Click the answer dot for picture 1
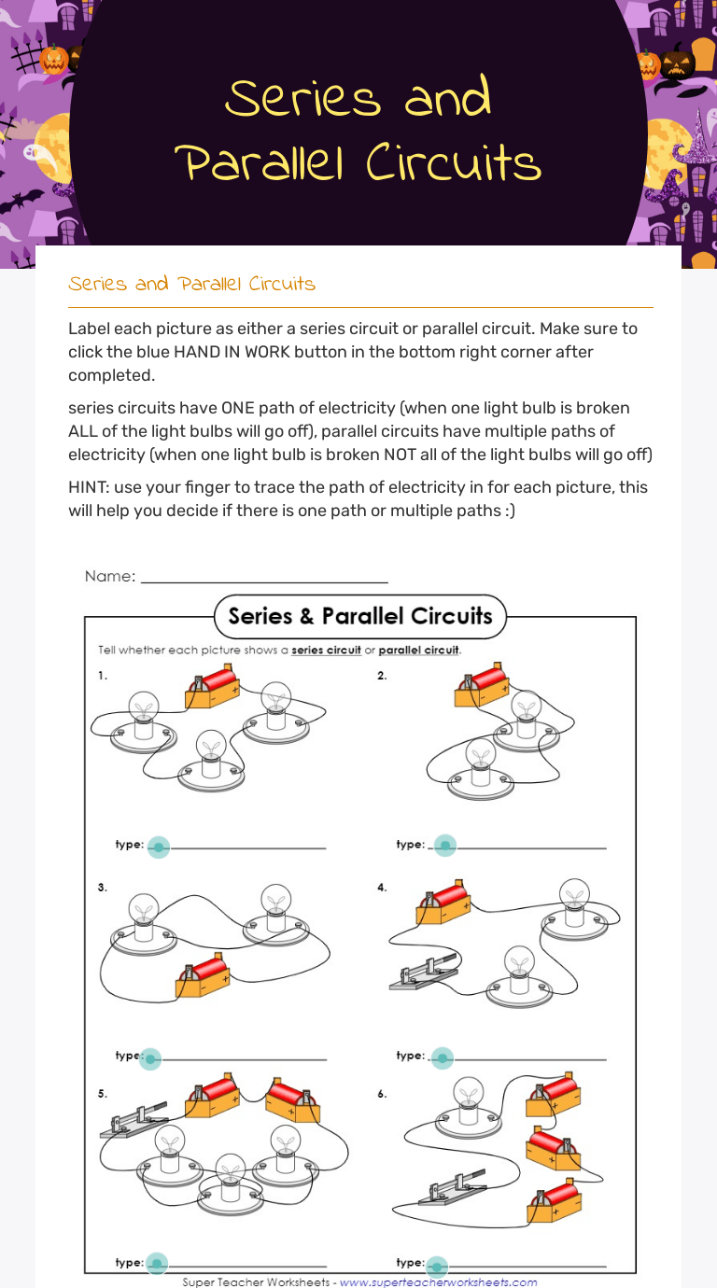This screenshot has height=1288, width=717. coord(159,847)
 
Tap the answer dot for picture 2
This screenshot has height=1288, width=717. coord(445,846)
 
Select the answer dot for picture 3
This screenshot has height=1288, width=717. coord(150,1058)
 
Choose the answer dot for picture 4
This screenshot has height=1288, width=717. coord(442,1058)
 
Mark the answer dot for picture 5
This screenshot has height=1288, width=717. coord(157,1263)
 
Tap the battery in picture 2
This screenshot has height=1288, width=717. coord(482,686)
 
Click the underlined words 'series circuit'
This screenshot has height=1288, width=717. coord(326,651)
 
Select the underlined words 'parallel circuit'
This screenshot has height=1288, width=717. coord(419,651)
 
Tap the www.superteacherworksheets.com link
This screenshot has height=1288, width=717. coord(438,1282)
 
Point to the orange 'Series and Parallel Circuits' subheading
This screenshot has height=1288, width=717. coord(191,284)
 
